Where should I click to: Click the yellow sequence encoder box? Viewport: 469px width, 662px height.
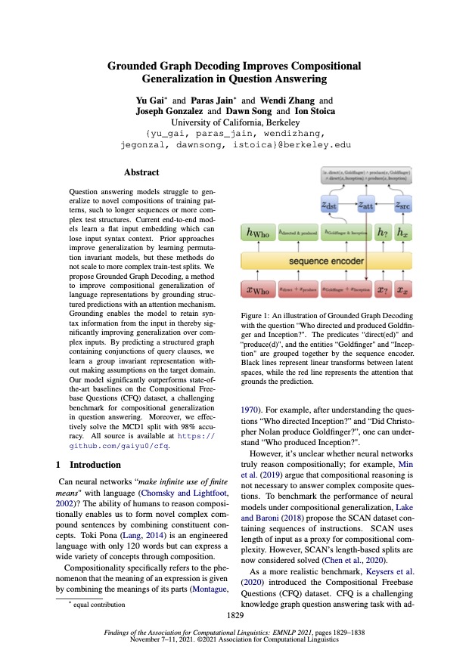[326, 261]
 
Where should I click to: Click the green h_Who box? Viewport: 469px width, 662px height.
[258, 233]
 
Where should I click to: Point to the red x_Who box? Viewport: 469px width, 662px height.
[258, 289]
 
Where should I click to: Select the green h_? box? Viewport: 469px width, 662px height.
[384, 233]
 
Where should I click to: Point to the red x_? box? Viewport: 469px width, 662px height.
[384, 289]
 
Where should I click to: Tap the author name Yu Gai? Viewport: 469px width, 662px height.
[151, 100]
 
